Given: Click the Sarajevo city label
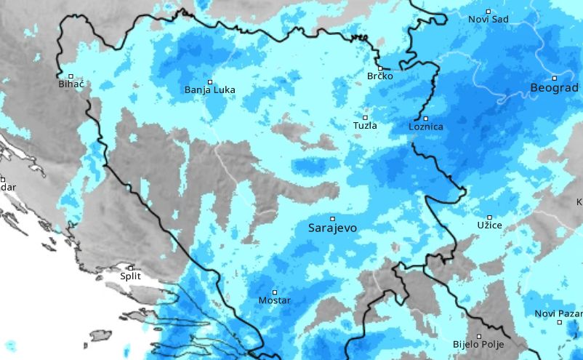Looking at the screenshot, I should coord(332,228).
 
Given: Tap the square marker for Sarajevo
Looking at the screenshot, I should coord(332,218).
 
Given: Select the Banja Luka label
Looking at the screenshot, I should coord(210,91).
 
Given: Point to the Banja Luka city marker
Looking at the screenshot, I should coord(210,81).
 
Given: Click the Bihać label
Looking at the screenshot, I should coord(71,85).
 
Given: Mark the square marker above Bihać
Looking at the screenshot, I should coord(71,76).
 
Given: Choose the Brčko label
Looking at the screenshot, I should coord(379,76).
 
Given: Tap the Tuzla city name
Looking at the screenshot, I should coord(365,126).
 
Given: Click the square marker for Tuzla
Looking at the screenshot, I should coord(365,117).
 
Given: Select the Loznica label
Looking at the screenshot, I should coord(426,127).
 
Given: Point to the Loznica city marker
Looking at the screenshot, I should coord(426,119).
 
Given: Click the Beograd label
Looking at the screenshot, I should coord(555,88).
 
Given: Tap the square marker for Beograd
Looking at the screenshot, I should coord(555,78).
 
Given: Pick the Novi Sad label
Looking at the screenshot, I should coord(488,20).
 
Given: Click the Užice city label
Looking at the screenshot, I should coord(489,227).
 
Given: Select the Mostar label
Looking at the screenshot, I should coord(275,301).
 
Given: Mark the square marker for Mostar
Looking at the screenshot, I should coord(275,292).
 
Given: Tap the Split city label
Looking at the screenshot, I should coord(131,276).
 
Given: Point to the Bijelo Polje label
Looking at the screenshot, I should coord(478,345).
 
